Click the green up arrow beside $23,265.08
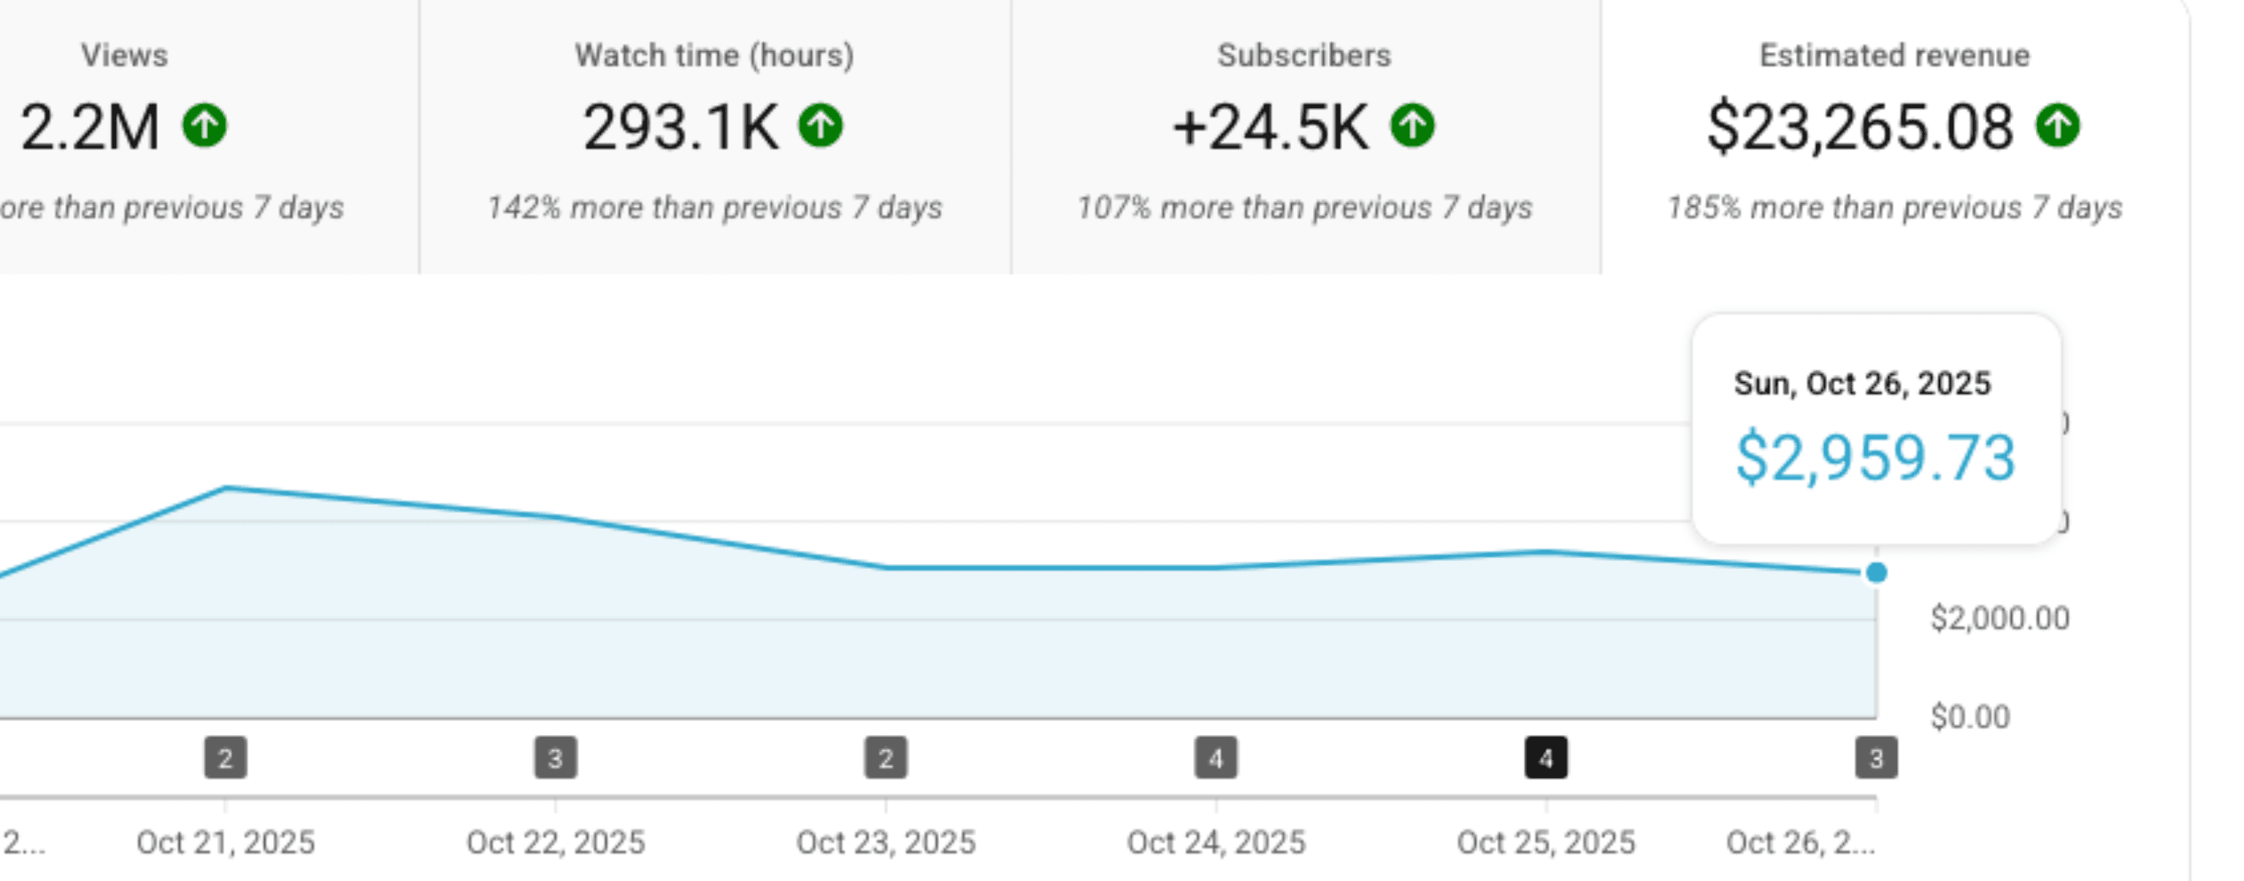click(x=2058, y=126)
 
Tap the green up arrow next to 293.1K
click(x=821, y=126)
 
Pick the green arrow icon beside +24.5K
click(x=1412, y=126)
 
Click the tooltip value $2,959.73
click(x=1875, y=458)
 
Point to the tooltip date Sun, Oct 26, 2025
click(x=1861, y=384)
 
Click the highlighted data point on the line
click(x=1877, y=573)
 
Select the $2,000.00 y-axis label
click(x=1999, y=619)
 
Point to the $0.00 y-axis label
click(x=1969, y=717)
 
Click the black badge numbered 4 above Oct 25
click(x=1546, y=758)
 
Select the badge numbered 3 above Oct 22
click(x=556, y=758)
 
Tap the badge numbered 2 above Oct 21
click(x=226, y=758)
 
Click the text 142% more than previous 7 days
click(x=714, y=208)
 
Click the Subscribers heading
click(x=1304, y=56)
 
